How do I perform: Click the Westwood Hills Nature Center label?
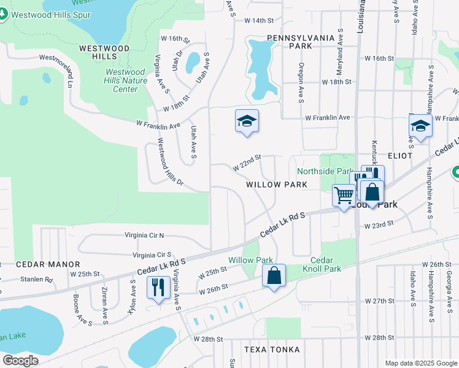point(125,80)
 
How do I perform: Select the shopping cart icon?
point(344,196)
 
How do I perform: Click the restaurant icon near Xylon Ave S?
point(158,287)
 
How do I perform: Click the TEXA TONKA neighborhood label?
point(272,350)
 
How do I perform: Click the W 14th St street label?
point(258,21)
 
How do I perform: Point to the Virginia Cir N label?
point(145,235)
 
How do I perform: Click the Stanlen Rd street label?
point(36,279)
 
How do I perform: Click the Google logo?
point(20,361)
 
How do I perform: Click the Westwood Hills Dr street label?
point(170,161)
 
